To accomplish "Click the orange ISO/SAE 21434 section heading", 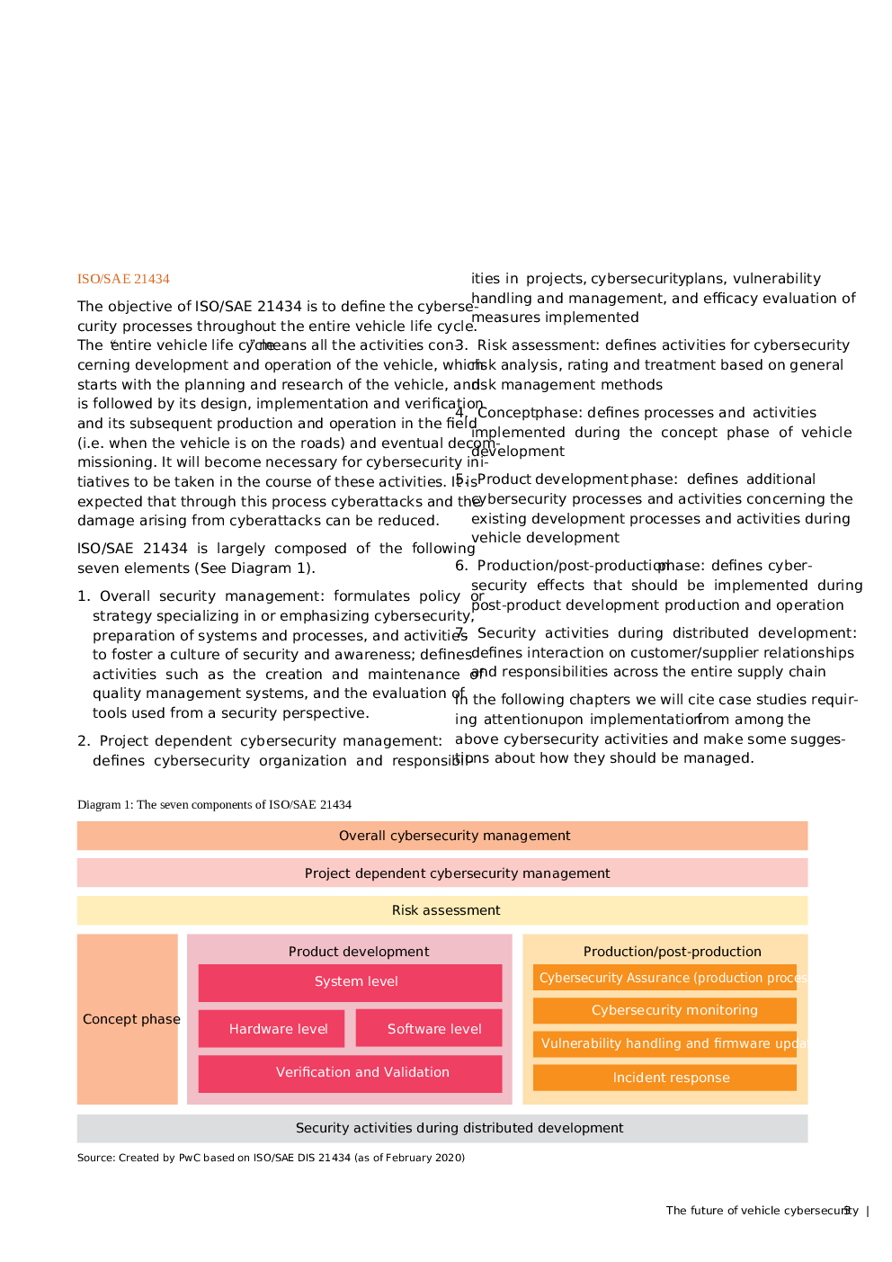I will click(x=123, y=279).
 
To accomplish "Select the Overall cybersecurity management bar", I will click(x=442, y=836).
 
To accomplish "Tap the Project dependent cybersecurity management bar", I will click(x=442, y=873).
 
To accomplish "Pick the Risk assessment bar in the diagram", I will click(x=442, y=910).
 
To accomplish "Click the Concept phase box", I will click(x=128, y=1019).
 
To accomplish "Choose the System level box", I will click(x=350, y=982).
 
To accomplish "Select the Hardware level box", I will click(x=272, y=1029).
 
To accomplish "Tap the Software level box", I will click(x=429, y=1029).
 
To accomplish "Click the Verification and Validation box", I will click(x=350, y=1073).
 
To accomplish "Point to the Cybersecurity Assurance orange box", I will click(x=665, y=978).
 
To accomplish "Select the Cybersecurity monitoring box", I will click(x=665, y=1010).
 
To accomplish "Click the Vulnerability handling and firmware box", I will click(x=665, y=1043).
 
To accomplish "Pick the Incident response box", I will click(x=665, y=1078).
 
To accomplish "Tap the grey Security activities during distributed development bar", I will click(x=442, y=1128).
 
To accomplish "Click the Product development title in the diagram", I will click(x=359, y=951).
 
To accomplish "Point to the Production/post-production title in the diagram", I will click(x=672, y=951).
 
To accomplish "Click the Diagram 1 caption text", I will click(x=214, y=804).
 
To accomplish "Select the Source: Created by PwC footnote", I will click(x=271, y=1158).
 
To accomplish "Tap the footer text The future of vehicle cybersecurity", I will click(x=760, y=1211).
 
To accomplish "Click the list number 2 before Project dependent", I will click(x=83, y=741).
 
